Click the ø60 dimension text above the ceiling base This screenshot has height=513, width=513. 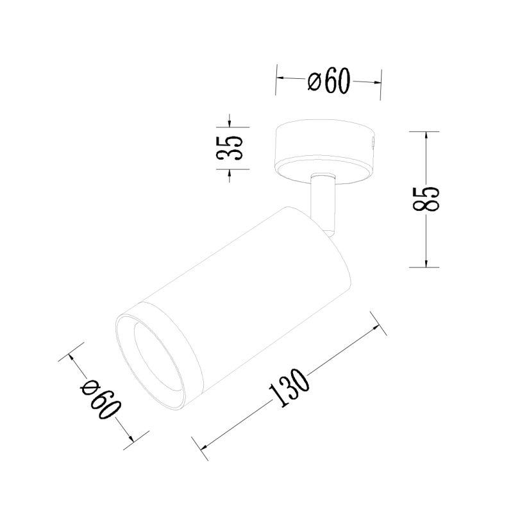pyautogui.click(x=328, y=81)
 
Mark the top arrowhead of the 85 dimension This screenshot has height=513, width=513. pyautogui.click(x=425, y=134)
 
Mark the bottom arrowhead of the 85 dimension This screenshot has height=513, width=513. pyautogui.click(x=425, y=265)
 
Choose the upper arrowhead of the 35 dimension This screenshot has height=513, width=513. pyautogui.click(x=229, y=124)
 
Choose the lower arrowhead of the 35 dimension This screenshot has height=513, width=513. pyautogui.click(x=229, y=172)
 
